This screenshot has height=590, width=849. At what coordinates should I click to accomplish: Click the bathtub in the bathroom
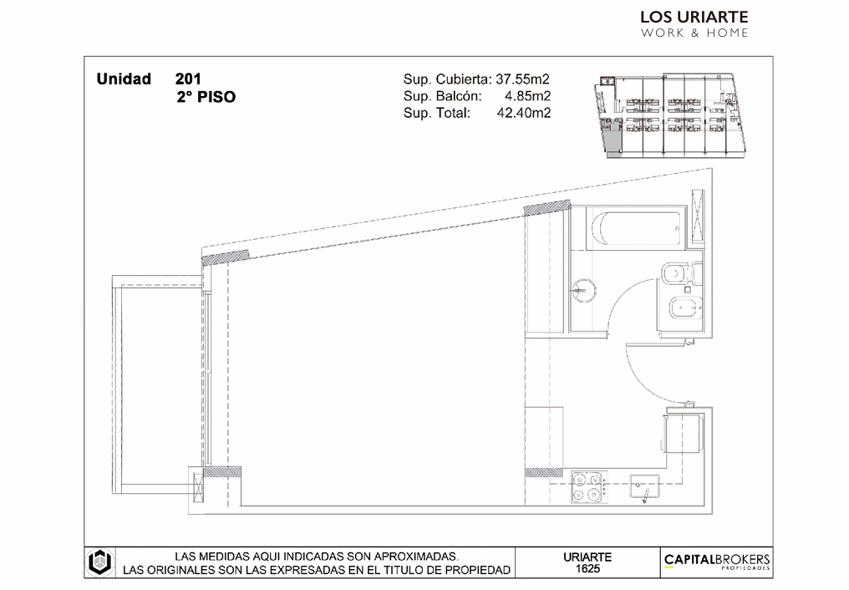pos(636,228)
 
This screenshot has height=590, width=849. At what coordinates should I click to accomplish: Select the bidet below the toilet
pos(686,309)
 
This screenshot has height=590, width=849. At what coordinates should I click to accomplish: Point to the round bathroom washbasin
pos(583,291)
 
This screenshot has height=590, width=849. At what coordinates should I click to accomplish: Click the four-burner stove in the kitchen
pos(589,486)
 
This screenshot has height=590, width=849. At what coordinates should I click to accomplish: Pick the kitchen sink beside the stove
pos(644,486)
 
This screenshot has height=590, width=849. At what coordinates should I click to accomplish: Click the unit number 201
pos(188,79)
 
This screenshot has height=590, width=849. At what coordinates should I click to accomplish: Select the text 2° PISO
pos(206,98)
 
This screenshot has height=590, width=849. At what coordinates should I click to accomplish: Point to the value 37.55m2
pos(522,79)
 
